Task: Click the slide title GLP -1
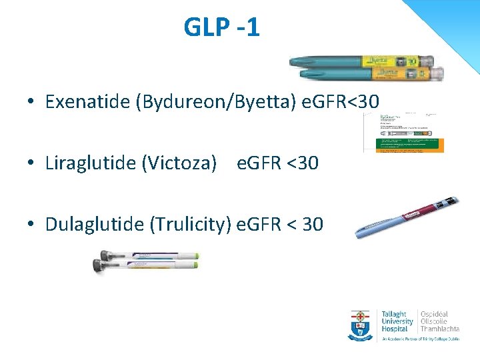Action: click(x=222, y=28)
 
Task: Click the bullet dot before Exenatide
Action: click(x=31, y=103)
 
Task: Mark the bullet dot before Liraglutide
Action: click(x=31, y=163)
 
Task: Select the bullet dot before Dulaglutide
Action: click(x=31, y=225)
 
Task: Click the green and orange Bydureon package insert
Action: click(x=403, y=133)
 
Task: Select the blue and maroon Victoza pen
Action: click(x=406, y=219)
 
